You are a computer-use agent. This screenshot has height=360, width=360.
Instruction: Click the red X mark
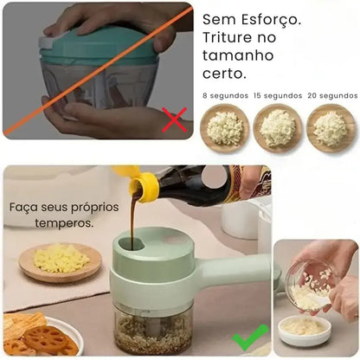[175, 119]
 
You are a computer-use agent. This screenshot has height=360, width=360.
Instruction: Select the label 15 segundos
[279, 95]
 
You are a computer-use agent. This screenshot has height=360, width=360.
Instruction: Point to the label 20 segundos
[332, 95]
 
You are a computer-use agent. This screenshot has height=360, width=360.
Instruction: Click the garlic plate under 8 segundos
[225, 128]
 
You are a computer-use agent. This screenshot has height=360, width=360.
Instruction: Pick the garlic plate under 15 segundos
[279, 128]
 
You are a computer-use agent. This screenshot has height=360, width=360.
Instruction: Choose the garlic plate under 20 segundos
[331, 128]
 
